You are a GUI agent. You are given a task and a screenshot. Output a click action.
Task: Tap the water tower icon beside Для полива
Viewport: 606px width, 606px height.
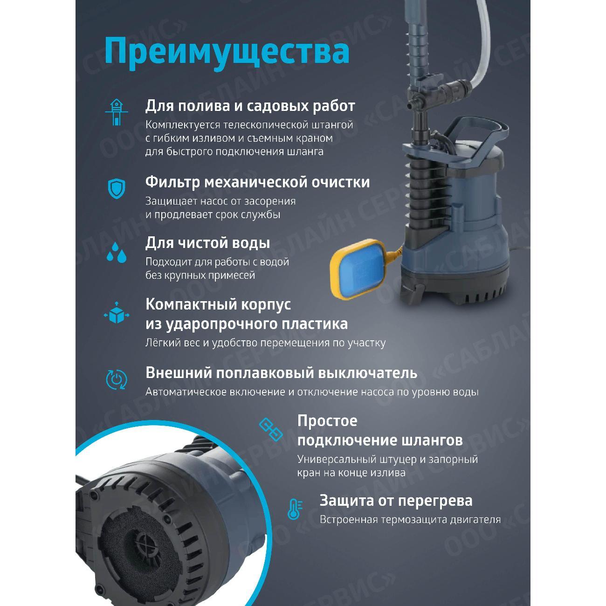pyautogui.click(x=115, y=112)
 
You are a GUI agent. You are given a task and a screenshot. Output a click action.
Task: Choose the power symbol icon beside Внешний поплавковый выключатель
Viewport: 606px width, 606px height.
pyautogui.click(x=116, y=379)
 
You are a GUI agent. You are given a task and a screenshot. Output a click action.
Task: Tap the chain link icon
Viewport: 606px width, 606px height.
pyautogui.click(x=271, y=429)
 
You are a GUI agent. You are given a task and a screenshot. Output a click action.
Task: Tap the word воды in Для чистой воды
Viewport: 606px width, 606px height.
pyautogui.click(x=250, y=243)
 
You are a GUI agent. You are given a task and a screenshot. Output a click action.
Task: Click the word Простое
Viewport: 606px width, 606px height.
pyautogui.click(x=327, y=421)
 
